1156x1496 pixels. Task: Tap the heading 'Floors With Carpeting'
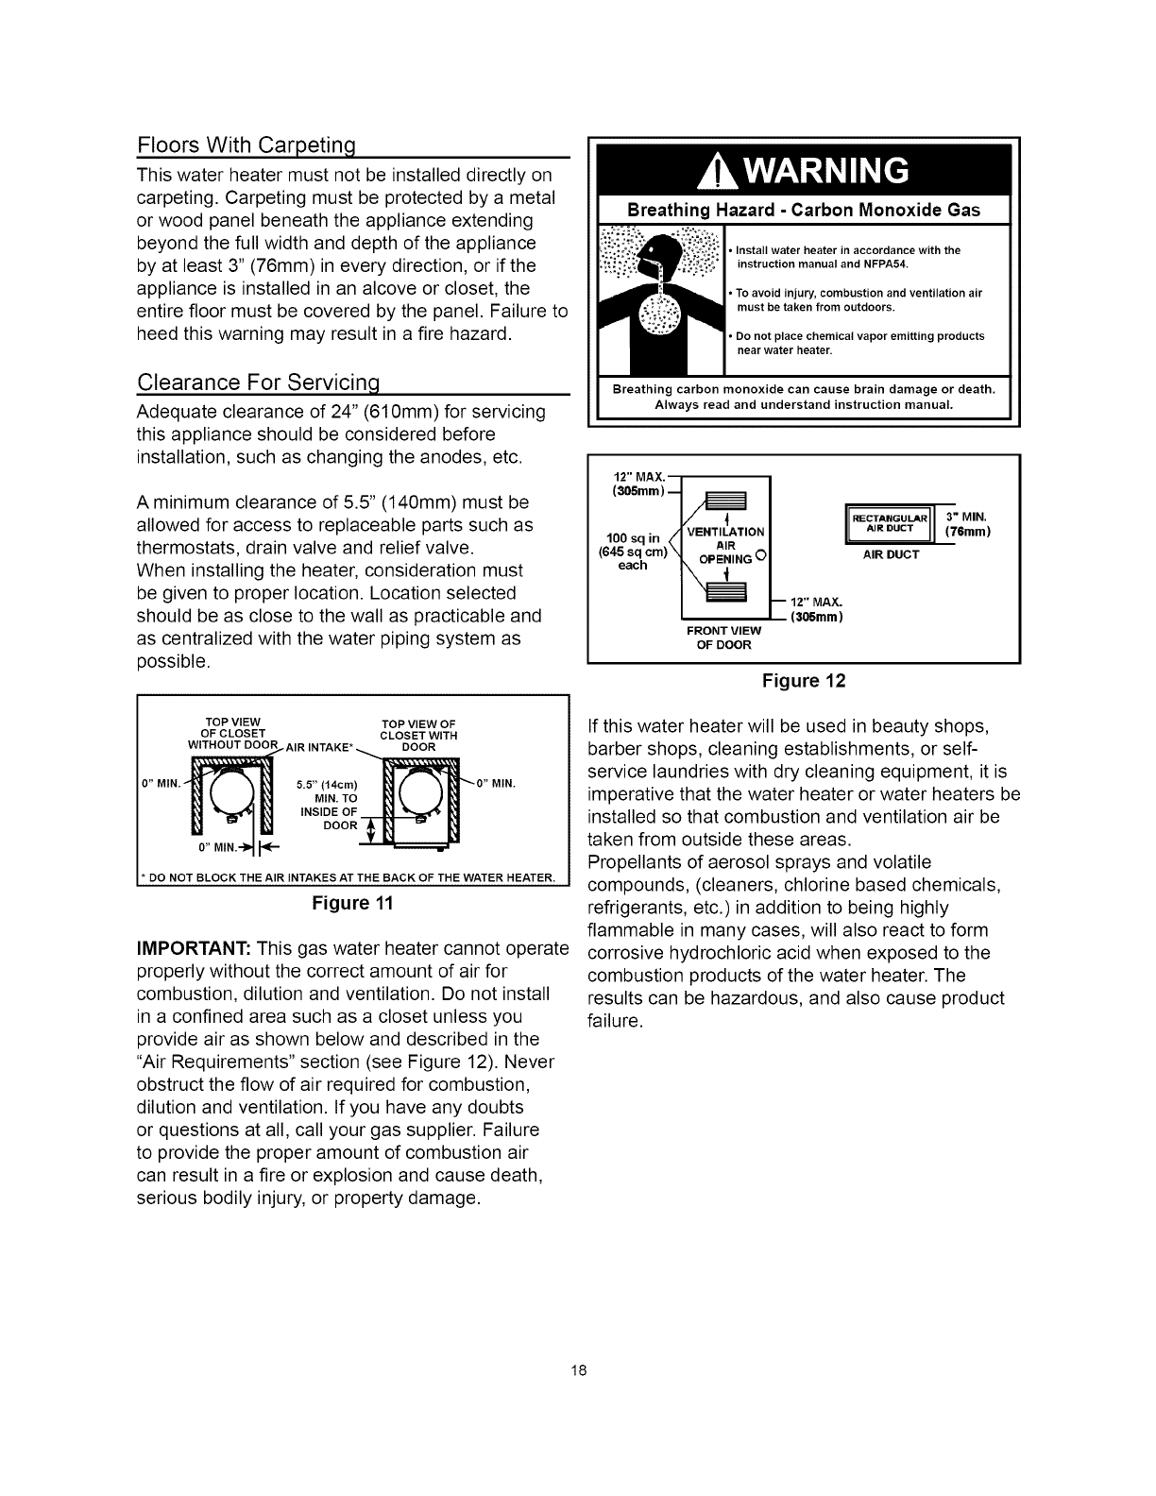(x=249, y=147)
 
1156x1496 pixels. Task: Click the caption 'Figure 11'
(x=351, y=903)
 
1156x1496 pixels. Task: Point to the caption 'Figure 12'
(x=804, y=680)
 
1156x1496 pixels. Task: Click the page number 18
(x=578, y=1370)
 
